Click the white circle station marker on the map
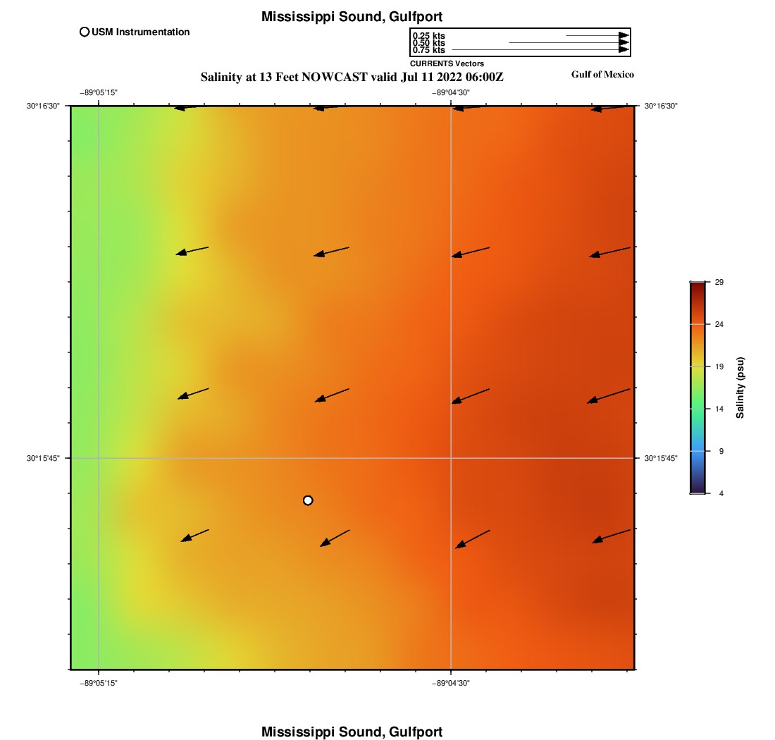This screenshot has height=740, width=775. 308,500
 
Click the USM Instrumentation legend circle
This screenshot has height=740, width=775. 85,32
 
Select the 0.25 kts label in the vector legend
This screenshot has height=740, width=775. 428,36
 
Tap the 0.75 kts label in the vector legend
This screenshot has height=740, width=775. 428,50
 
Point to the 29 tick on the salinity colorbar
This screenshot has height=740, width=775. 719,282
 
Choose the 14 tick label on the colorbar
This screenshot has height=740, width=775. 719,409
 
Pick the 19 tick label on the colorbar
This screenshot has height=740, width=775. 719,366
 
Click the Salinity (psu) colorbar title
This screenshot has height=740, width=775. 740,388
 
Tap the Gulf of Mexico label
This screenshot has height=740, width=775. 602,75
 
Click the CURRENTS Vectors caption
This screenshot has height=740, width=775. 447,63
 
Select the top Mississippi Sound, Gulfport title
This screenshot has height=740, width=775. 352,17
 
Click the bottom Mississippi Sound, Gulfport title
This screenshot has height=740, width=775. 352,732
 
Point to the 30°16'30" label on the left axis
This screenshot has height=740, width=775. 44,106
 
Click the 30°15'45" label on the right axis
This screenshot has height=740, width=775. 661,458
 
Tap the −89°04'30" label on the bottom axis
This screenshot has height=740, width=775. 450,683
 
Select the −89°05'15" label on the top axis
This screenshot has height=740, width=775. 98,92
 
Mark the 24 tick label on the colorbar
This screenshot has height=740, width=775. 719,324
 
